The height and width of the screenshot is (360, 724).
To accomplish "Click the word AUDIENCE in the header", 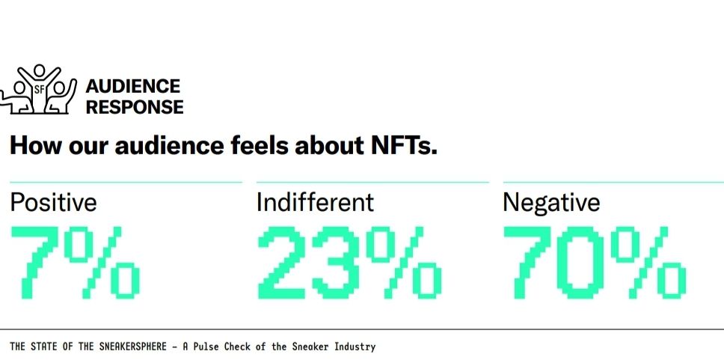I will click(x=133, y=87).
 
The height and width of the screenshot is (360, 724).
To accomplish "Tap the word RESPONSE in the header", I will click(x=135, y=107).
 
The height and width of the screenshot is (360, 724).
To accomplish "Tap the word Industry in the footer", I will click(x=355, y=347).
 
